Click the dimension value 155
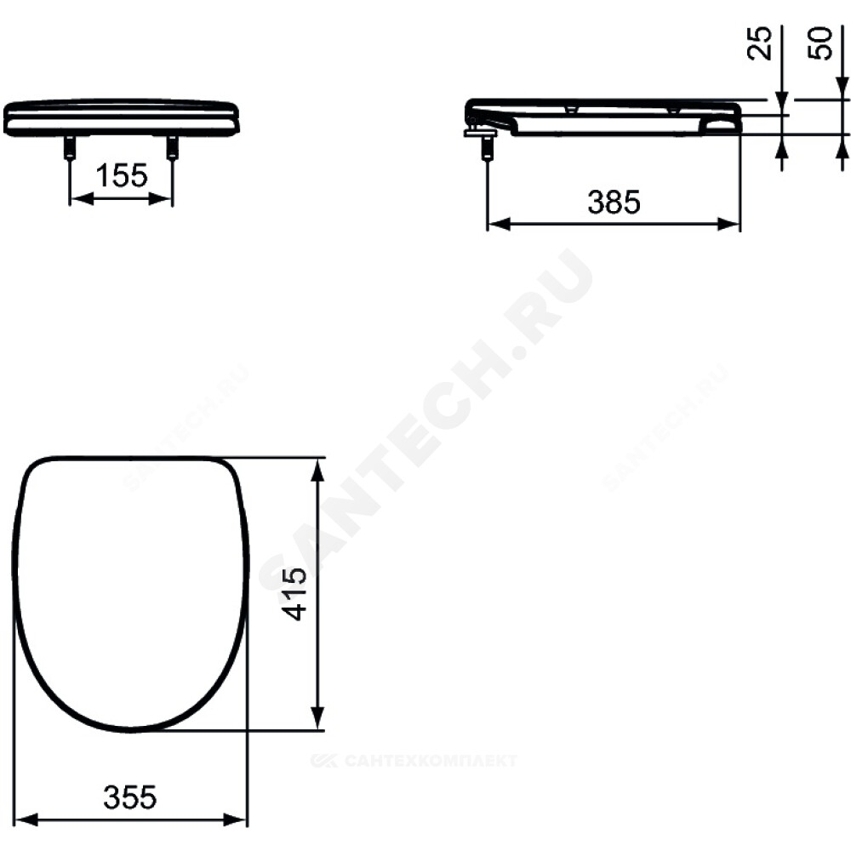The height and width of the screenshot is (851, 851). point(122,176)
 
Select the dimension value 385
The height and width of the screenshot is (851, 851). point(614,202)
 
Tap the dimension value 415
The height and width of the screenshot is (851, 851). point(295,594)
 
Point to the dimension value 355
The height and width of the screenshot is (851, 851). point(129,797)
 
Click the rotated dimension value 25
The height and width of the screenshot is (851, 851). point(760,43)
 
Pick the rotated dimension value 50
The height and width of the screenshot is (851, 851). point(820,43)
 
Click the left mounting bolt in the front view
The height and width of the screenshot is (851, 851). point(70,146)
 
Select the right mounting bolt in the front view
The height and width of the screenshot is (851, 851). point(172,146)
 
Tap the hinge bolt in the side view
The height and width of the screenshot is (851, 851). point(487,146)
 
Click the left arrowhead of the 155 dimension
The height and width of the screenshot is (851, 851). point(81,199)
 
